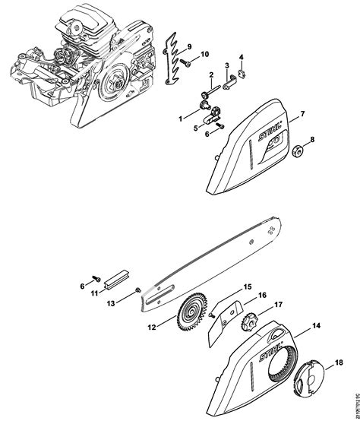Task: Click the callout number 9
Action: click(190, 38)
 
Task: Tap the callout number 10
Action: click(204, 54)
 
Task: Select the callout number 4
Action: click(241, 57)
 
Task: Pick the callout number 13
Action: click(110, 302)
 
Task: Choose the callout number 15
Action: click(246, 287)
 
